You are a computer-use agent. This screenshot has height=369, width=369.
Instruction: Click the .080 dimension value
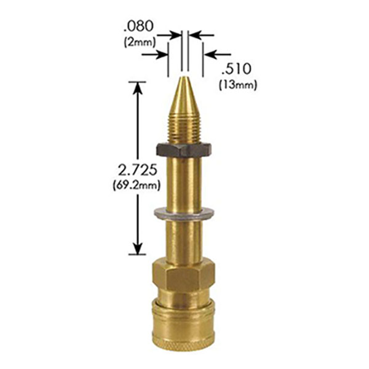[139, 26]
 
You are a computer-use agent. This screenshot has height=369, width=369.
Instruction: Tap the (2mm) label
[140, 42]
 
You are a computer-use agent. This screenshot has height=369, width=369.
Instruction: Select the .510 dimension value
[236, 69]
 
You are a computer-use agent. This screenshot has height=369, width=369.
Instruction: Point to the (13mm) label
[237, 85]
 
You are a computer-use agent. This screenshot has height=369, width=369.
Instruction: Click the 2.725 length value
[137, 170]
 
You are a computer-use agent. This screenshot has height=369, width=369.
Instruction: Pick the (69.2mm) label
[137, 185]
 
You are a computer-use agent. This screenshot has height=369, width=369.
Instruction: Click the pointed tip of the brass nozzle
[184, 77]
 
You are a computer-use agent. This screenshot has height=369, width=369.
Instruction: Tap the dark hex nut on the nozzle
[184, 149]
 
